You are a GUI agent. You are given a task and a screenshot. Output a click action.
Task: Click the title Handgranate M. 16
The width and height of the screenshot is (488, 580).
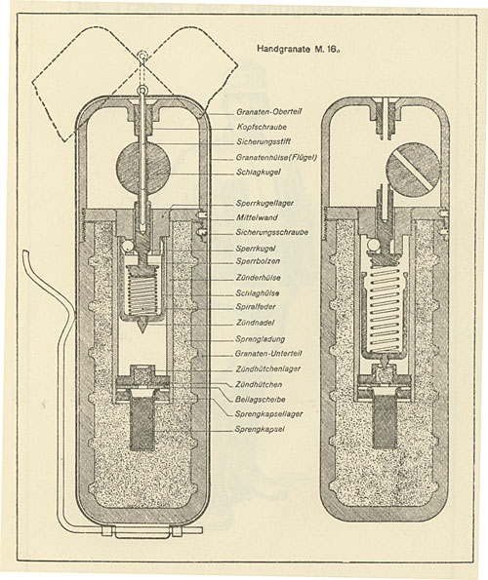pyautogui.click(x=299, y=49)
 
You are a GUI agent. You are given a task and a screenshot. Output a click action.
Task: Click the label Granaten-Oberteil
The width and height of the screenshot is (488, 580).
pyautogui.click(x=268, y=111)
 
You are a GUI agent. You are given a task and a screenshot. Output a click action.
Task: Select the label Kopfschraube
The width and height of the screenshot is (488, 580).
pyautogui.click(x=262, y=127)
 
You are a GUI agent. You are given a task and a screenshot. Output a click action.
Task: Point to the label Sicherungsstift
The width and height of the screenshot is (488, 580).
pyautogui.click(x=264, y=141)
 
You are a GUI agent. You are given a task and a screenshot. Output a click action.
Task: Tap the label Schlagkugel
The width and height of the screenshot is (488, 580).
pyautogui.click(x=259, y=172)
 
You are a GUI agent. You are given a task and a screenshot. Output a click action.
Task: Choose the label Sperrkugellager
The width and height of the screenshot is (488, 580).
pyautogui.click(x=264, y=203)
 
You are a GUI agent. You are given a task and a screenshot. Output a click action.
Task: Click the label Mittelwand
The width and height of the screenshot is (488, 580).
pyautogui.click(x=257, y=217)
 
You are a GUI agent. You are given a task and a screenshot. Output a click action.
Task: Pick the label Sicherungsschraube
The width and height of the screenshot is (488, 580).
pyautogui.click(x=272, y=232)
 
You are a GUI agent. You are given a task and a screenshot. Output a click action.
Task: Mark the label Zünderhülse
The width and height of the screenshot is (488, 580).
pyautogui.click(x=258, y=278)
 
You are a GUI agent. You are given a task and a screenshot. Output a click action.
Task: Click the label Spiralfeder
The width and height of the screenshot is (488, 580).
pyautogui.click(x=256, y=307)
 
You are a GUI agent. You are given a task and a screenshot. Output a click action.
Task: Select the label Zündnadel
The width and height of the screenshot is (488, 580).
pyautogui.click(x=256, y=323)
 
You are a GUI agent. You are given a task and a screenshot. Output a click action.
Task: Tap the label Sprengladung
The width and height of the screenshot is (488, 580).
pyautogui.click(x=261, y=339)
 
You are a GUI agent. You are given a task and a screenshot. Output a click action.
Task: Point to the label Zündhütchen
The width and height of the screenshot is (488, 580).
pyautogui.click(x=259, y=384)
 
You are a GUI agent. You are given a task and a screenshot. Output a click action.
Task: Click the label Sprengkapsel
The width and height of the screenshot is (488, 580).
pyautogui.click(x=260, y=429)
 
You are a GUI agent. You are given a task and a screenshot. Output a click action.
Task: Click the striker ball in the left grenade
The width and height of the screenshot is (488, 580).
pyautogui.click(x=143, y=165)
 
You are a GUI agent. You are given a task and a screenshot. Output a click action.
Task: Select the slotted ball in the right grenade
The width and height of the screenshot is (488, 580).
pyautogui.click(x=413, y=170)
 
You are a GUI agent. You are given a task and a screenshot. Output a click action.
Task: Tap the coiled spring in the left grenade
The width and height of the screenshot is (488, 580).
pyautogui.click(x=142, y=292)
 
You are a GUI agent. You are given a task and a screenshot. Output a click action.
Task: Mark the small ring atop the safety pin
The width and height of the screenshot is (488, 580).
pyautogui.click(x=142, y=90)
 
